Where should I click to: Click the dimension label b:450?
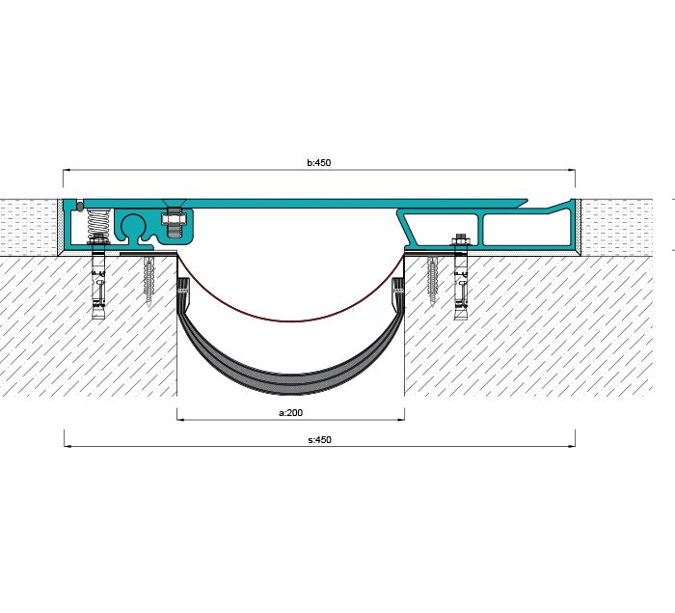tap(319, 162)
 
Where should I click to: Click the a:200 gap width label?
tap(291, 413)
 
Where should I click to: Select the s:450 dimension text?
tap(320, 440)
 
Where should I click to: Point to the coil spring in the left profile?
tap(98, 223)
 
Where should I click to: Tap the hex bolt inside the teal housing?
tap(174, 222)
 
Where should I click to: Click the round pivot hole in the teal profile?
tap(134, 226)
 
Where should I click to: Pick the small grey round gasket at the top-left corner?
tap(80, 207)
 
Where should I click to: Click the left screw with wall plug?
tap(149, 281)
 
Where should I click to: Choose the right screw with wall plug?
tap(432, 281)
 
